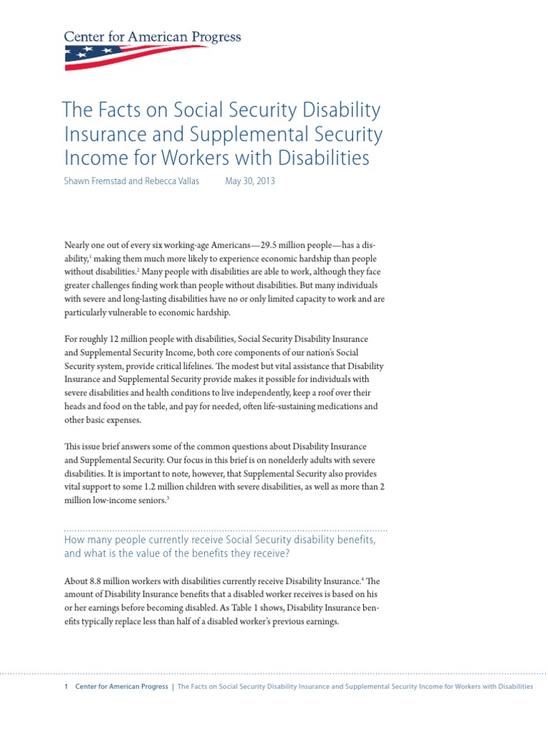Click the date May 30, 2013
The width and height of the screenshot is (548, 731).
[x=250, y=181]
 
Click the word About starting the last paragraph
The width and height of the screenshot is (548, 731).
[x=76, y=580]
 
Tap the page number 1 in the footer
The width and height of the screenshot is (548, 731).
[x=66, y=687]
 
